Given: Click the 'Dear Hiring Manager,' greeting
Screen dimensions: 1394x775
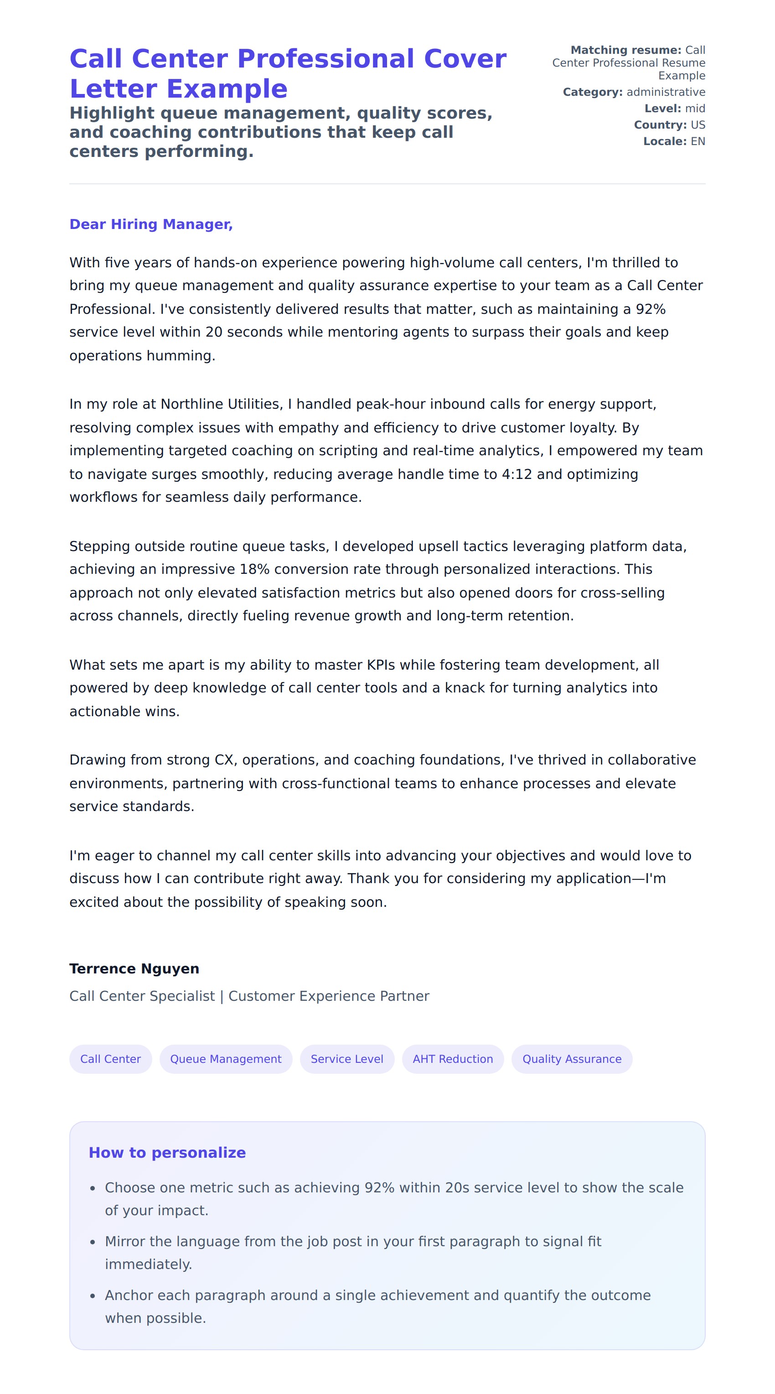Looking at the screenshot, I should click(x=151, y=224).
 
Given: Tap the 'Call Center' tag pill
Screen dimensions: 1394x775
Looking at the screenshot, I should click(x=110, y=1059).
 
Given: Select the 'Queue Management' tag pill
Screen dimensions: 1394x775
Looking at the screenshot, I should click(x=226, y=1059).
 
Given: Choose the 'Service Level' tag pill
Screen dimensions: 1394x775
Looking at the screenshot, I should click(x=346, y=1059).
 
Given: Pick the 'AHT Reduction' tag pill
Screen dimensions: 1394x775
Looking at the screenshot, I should click(x=453, y=1059).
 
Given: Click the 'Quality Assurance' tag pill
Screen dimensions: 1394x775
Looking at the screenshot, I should click(x=572, y=1059).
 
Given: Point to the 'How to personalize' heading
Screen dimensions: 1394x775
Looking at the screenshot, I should click(x=167, y=1153).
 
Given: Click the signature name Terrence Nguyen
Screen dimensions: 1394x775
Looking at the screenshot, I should click(x=134, y=969).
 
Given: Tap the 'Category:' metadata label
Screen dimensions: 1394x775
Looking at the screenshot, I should click(x=593, y=92).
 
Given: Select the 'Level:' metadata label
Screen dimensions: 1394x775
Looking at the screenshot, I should click(x=662, y=108).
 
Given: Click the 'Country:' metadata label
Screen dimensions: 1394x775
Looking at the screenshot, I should click(x=660, y=125).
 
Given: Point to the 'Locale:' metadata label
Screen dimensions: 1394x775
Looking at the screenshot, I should click(x=665, y=141).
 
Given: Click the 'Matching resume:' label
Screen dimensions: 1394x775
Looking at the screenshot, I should click(x=626, y=50).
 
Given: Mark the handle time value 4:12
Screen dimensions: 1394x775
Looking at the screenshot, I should click(x=517, y=474).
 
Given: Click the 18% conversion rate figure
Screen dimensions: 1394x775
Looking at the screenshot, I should click(x=255, y=569).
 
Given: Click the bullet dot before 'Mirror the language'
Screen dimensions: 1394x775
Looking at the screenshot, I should click(x=93, y=1243).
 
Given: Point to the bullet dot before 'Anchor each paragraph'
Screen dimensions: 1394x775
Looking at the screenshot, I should click(x=93, y=1296).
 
